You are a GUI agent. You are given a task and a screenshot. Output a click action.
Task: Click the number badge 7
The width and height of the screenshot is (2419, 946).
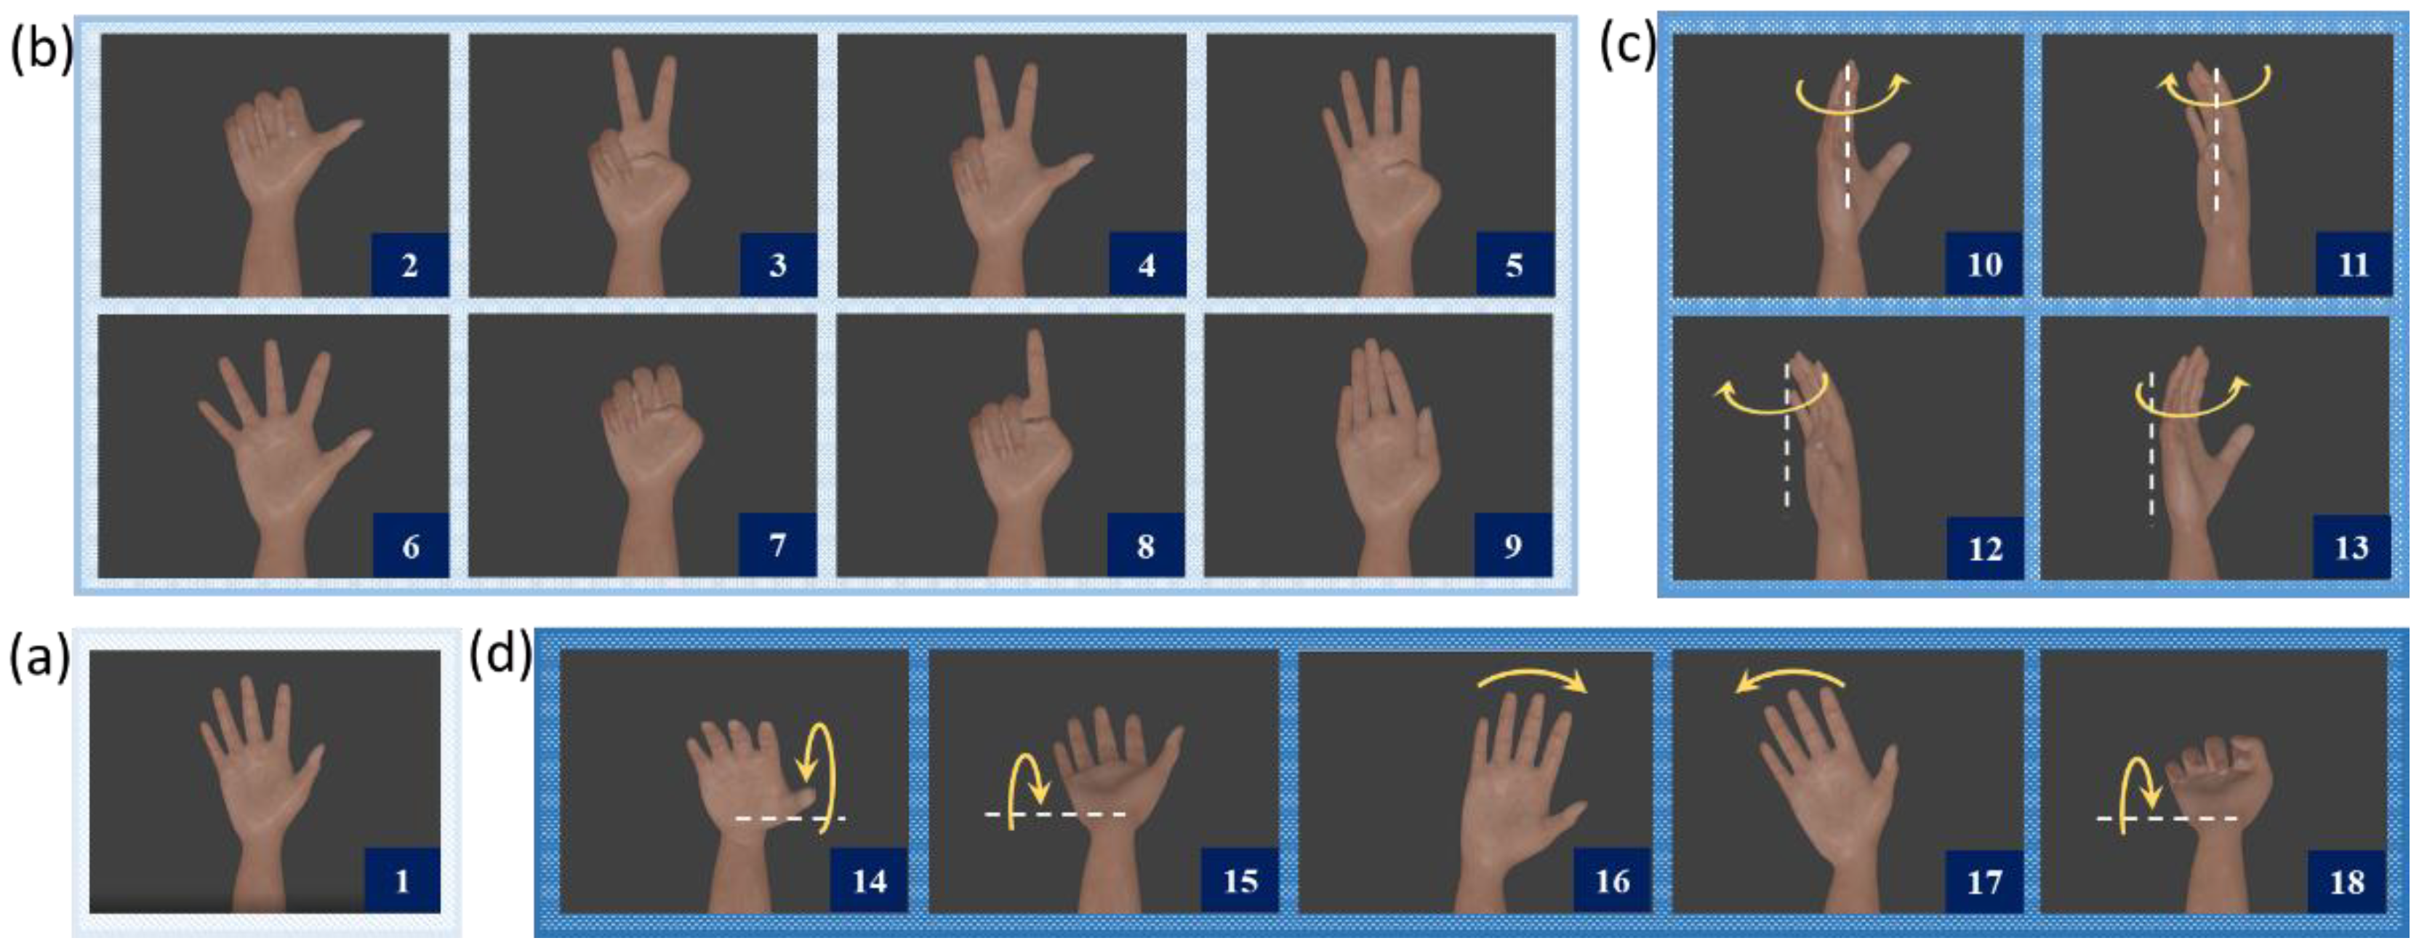[777, 545]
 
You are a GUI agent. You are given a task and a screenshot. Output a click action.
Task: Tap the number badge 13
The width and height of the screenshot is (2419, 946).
[2351, 546]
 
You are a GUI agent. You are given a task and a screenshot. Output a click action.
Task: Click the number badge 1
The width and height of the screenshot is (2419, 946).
[402, 881]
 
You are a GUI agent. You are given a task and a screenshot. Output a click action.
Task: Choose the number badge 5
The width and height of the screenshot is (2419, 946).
[1514, 264]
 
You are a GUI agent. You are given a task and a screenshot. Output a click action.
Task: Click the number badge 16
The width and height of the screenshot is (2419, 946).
[1611, 881]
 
